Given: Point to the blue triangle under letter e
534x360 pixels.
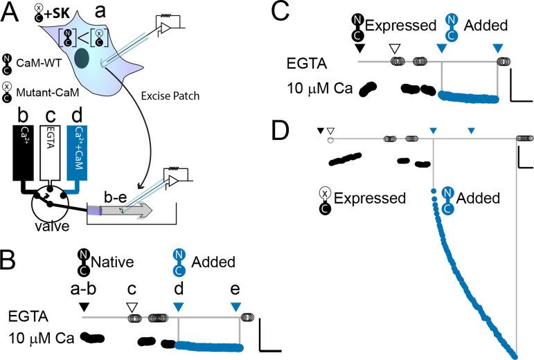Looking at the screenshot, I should point(236,306).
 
